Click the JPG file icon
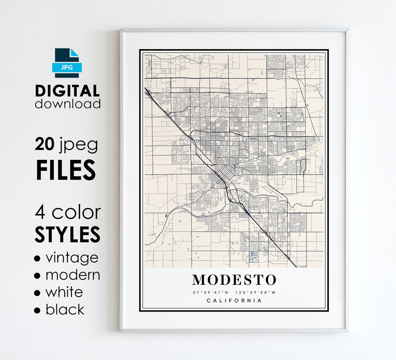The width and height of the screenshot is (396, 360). click(x=67, y=63)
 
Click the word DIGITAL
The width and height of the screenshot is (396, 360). click(x=67, y=91)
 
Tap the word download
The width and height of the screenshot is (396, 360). click(x=68, y=104)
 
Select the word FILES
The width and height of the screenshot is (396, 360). click(x=66, y=169)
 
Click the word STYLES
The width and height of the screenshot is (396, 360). click(x=67, y=234)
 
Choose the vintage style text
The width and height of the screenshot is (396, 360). click(x=72, y=258)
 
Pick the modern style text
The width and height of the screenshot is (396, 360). click(x=73, y=275)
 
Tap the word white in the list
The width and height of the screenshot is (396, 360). click(x=64, y=292)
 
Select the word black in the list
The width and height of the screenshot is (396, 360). click(x=65, y=309)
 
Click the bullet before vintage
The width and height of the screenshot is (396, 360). click(x=37, y=259)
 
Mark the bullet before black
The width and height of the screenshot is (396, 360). click(x=37, y=311)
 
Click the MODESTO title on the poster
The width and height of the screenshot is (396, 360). click(x=234, y=280)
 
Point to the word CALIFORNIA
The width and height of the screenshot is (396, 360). click(x=234, y=301)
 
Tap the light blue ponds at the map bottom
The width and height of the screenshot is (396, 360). click(x=253, y=257)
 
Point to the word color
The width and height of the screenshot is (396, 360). click(x=76, y=212)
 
